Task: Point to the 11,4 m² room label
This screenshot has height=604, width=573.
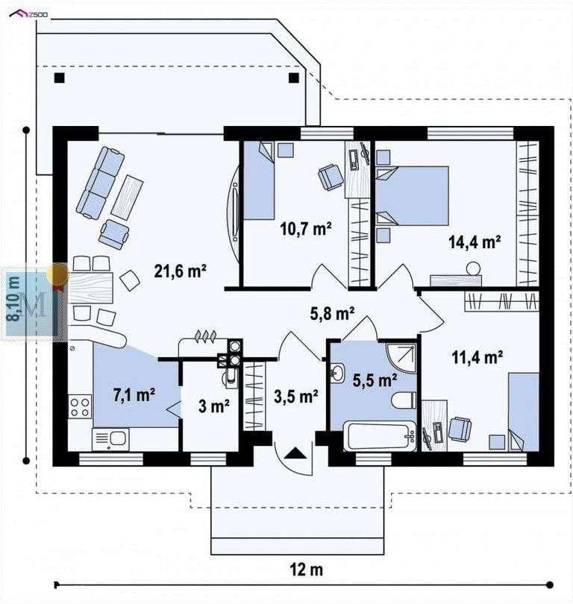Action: (476, 357)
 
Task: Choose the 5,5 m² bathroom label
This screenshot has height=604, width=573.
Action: (374, 380)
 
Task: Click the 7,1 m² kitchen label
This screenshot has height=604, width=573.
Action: (134, 394)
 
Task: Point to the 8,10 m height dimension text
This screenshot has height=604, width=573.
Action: (13, 298)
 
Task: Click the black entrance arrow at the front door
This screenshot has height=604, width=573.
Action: (295, 452)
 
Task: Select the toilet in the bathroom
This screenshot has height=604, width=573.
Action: (404, 401)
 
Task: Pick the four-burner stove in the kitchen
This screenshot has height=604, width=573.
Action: (79, 407)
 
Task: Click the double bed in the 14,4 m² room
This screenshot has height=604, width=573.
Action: (412, 195)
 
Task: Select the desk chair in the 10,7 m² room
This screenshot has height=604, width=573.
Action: (331, 177)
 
